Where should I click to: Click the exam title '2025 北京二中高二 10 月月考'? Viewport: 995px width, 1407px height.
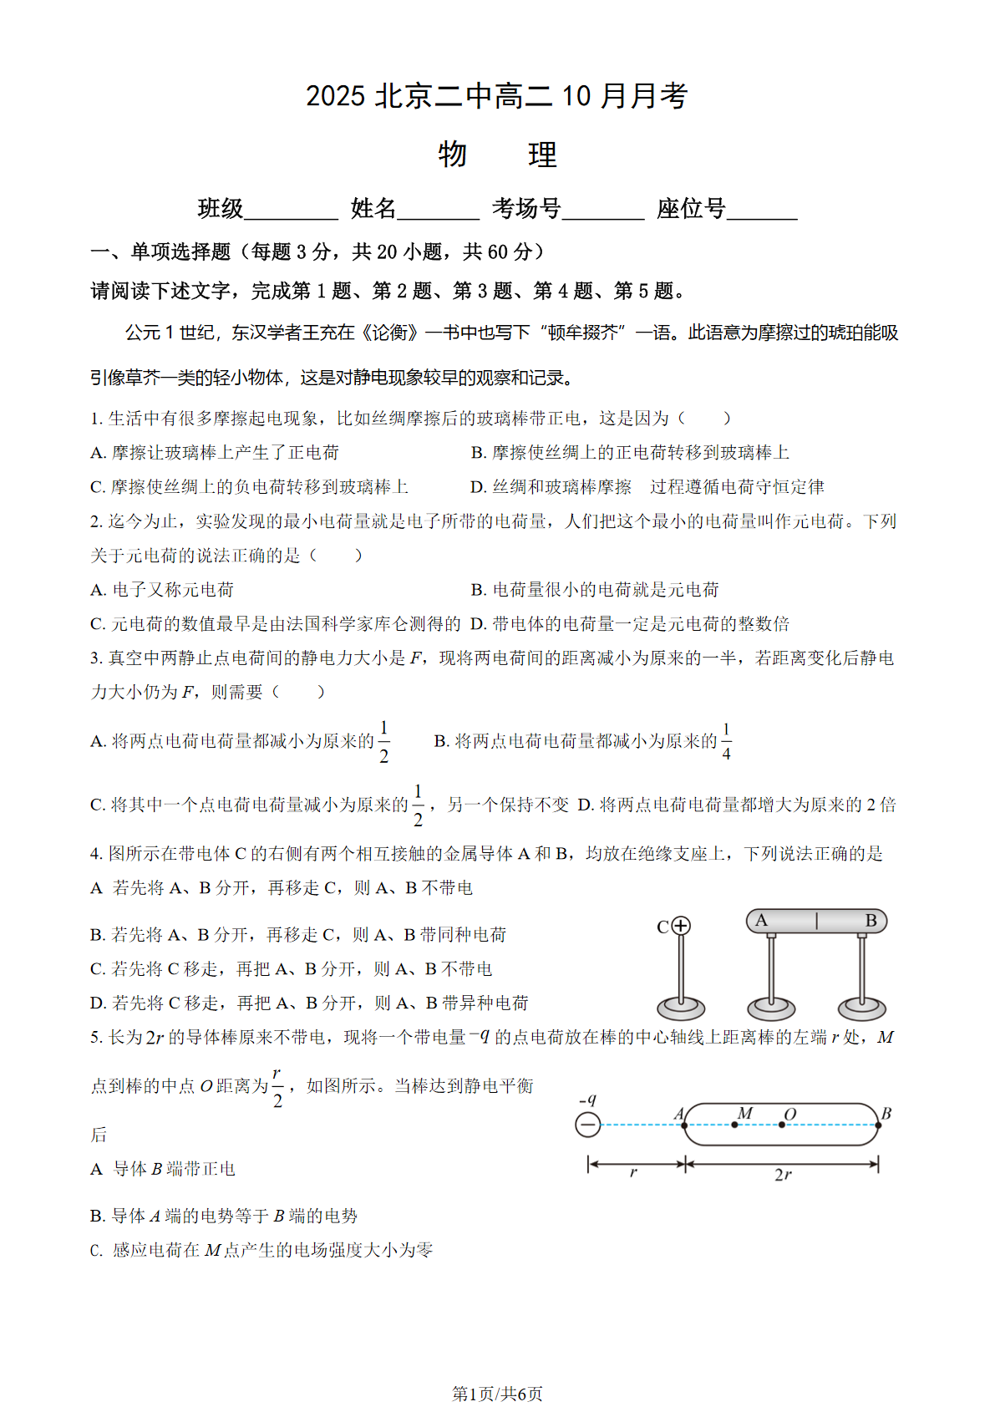tap(496, 96)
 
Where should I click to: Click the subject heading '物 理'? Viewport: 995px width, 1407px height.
tap(497, 155)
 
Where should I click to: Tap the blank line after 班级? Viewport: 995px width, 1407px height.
tap(291, 211)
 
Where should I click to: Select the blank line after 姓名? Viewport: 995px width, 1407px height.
tap(438, 211)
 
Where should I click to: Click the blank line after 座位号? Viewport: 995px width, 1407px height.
tap(762, 211)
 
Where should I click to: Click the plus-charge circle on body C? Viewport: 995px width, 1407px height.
tap(681, 926)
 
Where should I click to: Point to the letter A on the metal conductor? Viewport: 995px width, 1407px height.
tap(761, 921)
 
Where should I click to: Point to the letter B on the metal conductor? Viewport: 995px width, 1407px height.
tap(871, 921)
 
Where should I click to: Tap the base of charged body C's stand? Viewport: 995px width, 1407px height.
tap(681, 1007)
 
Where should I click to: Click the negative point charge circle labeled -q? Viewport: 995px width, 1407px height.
tap(588, 1125)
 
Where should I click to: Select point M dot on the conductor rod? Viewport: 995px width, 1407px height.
tap(734, 1125)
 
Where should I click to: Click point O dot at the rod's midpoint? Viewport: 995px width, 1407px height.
tap(782, 1125)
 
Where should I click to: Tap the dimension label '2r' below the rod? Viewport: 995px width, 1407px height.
tap(783, 1175)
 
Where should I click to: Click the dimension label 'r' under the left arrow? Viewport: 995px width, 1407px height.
tap(633, 1173)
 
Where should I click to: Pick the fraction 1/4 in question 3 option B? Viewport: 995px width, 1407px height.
tap(726, 741)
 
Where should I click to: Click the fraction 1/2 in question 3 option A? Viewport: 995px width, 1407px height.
tap(383, 741)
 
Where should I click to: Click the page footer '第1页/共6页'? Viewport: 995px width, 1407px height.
tap(497, 1394)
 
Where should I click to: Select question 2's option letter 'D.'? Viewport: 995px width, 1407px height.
tap(479, 624)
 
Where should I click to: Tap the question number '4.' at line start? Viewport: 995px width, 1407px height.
tap(97, 854)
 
